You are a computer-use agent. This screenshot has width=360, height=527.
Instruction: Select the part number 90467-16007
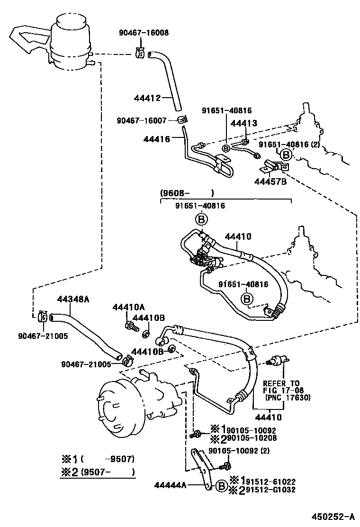141,120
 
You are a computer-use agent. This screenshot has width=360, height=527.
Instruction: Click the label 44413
243,123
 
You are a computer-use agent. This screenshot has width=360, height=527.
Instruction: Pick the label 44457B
271,180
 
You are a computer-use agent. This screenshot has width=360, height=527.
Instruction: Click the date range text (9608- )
187,193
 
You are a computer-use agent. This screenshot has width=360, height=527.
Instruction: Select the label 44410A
128,307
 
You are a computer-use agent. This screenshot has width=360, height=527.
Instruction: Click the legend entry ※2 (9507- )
98,472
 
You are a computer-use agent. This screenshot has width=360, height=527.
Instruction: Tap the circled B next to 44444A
220,485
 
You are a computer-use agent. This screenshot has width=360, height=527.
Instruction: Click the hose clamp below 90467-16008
140,53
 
